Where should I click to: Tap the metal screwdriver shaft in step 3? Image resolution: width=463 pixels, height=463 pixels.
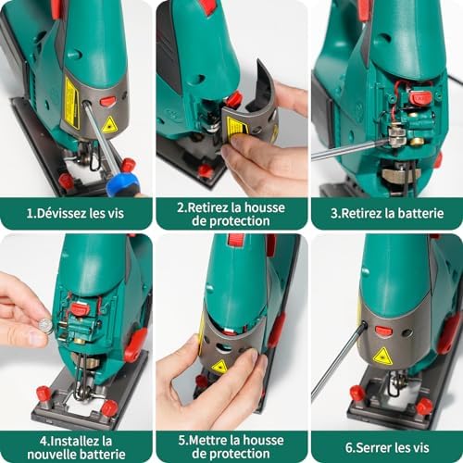(347, 149)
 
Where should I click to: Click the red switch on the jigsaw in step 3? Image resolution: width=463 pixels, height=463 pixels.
(421, 97)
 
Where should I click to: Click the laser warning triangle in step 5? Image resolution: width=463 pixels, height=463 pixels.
(219, 367)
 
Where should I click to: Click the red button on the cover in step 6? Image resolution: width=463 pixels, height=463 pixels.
(383, 331)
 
